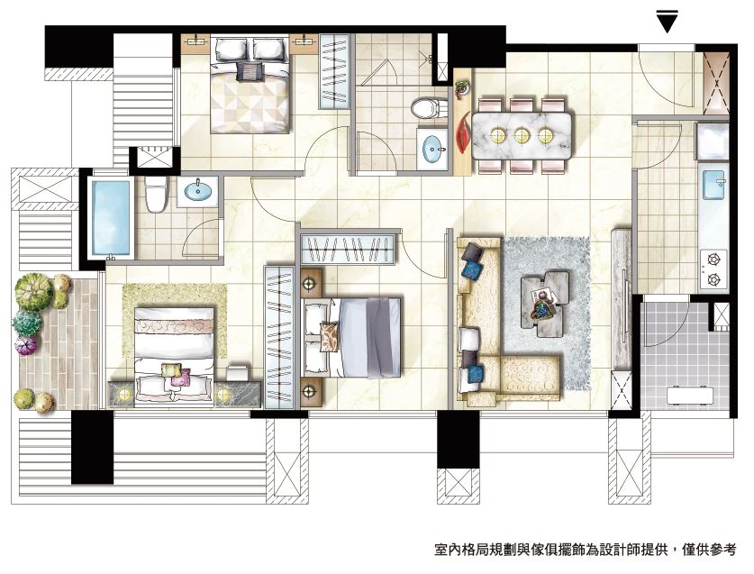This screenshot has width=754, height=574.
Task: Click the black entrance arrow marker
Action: [x=667, y=20]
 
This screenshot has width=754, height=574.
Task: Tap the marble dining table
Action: [x=522, y=135]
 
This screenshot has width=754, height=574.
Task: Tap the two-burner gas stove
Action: [x=713, y=269]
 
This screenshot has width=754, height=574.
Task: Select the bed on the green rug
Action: [x=174, y=357]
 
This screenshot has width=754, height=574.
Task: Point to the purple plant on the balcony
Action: [x=26, y=345]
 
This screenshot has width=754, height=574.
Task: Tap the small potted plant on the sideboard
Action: [x=461, y=89]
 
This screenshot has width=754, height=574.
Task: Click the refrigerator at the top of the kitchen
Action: [x=713, y=141]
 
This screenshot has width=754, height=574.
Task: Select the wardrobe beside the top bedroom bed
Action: [x=334, y=71]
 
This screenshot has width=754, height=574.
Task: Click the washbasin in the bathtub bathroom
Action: [x=197, y=191]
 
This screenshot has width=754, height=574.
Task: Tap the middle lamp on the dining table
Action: [x=522, y=135]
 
